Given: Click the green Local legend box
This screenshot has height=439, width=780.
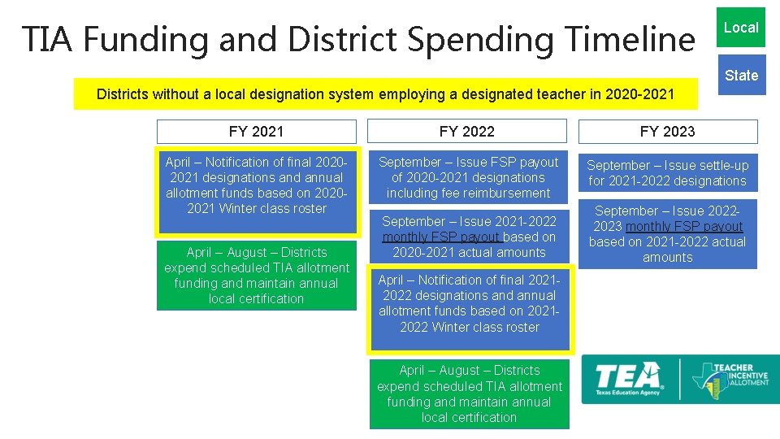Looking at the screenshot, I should pyautogui.click(x=741, y=28).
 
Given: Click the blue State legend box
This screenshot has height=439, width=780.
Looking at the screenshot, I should pyautogui.click(x=741, y=76).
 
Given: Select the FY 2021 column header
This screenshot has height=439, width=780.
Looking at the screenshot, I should pyautogui.click(x=256, y=132).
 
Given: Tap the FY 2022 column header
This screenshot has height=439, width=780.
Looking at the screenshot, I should pyautogui.click(x=466, y=132).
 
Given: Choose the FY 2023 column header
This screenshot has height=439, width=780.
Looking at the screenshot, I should pyautogui.click(x=667, y=132).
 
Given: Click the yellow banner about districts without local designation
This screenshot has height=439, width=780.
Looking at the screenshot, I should pyautogui.click(x=385, y=94).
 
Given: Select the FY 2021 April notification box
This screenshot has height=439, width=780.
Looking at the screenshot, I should pyautogui.click(x=257, y=185).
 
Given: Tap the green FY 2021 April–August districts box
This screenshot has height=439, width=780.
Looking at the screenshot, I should pyautogui.click(x=257, y=276).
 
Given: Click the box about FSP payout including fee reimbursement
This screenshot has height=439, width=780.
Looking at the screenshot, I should pyautogui.click(x=468, y=177).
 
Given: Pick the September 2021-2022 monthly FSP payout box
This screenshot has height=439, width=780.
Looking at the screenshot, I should pyautogui.click(x=468, y=237).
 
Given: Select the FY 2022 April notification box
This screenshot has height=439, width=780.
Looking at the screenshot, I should pyautogui.click(x=469, y=304).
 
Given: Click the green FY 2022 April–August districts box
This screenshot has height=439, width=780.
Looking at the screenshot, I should pyautogui.click(x=469, y=393).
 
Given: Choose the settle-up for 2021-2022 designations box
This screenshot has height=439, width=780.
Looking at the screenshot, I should pyautogui.click(x=667, y=173).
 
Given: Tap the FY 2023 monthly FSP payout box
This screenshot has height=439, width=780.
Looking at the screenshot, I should pyautogui.click(x=667, y=234).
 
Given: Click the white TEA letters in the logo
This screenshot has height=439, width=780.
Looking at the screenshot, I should pyautogui.click(x=628, y=376).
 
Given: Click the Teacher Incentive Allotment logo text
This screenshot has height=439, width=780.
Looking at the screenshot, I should pyautogui.click(x=740, y=376).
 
